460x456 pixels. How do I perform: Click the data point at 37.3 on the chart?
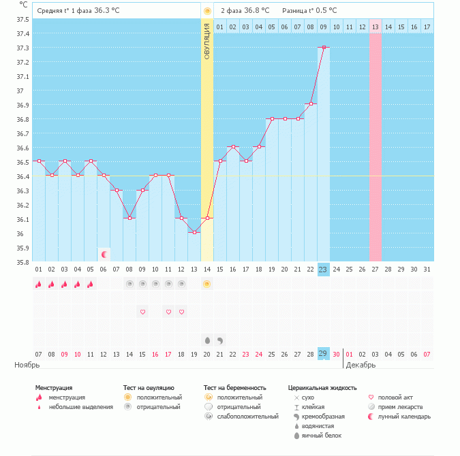(x=324, y=47)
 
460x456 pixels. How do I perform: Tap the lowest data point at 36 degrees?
(x=194, y=232)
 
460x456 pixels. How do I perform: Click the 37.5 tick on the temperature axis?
(x=23, y=20)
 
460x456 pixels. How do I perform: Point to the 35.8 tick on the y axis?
(x=23, y=262)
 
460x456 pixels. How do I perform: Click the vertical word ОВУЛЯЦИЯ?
(x=206, y=42)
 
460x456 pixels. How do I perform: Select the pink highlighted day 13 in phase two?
(x=375, y=27)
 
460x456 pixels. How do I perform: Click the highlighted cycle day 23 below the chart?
(x=323, y=270)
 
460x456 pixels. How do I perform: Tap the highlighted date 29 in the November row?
(x=323, y=354)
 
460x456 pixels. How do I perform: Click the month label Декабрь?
(x=361, y=365)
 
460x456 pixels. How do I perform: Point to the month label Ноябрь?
(x=27, y=365)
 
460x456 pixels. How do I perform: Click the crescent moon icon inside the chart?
(x=104, y=255)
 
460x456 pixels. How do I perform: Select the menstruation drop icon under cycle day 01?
(x=38, y=284)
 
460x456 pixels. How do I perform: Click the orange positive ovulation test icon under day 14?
(x=206, y=284)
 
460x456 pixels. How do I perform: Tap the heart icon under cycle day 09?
(x=142, y=312)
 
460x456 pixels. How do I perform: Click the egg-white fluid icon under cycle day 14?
(x=207, y=340)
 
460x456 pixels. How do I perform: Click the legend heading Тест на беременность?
(x=234, y=388)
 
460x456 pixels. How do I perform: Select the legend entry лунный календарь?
(x=404, y=417)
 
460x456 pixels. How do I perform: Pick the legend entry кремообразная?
(x=323, y=417)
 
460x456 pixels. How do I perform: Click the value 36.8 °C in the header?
(x=257, y=11)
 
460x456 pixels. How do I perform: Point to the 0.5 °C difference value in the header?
(x=326, y=11)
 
